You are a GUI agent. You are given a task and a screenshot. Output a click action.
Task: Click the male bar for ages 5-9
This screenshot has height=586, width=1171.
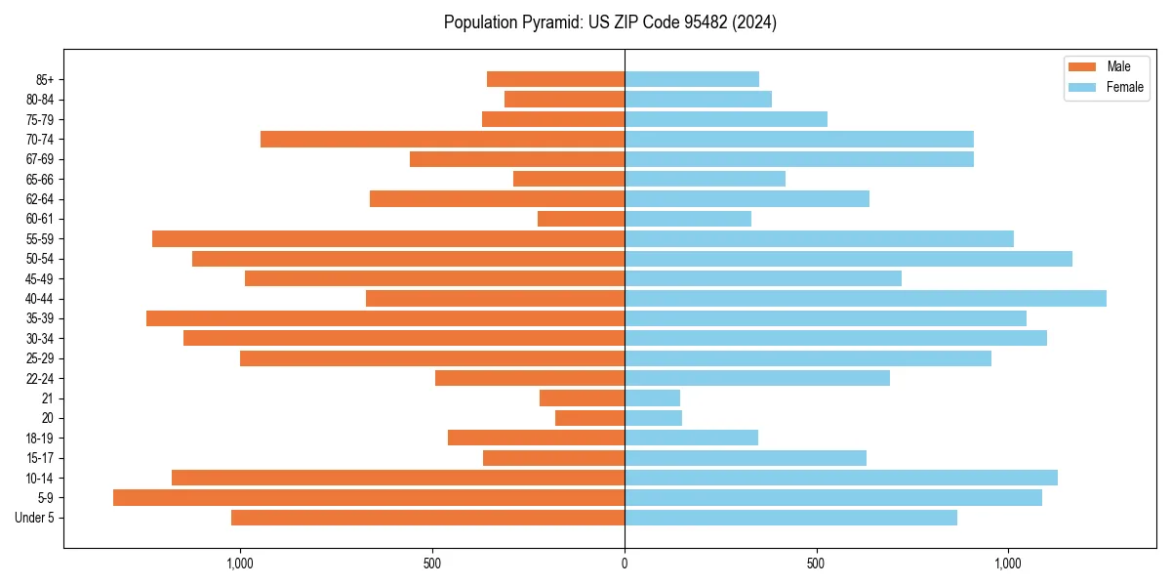(x=369, y=498)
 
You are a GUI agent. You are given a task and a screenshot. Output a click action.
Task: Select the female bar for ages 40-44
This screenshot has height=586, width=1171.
(x=866, y=299)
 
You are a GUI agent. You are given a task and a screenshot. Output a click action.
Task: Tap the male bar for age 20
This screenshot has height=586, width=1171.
(x=589, y=418)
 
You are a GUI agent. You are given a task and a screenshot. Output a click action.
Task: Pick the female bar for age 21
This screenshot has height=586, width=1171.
(x=652, y=398)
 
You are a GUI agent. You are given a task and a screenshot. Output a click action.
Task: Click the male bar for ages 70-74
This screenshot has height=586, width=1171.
(x=442, y=140)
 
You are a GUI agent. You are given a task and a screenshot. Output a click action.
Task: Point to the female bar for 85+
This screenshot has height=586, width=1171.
(x=692, y=80)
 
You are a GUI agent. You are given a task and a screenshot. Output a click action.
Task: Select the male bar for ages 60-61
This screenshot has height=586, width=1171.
(x=581, y=219)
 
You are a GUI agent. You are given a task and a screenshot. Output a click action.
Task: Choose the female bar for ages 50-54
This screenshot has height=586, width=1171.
(x=848, y=259)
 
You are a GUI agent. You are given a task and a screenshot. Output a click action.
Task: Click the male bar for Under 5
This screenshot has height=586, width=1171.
(x=427, y=518)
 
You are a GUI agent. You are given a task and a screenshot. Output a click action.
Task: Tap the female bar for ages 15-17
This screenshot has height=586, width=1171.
(x=746, y=458)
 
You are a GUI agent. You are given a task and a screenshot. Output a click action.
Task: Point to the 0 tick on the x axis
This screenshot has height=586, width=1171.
(x=625, y=564)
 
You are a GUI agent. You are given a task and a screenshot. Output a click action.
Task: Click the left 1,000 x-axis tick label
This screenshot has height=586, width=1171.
(x=240, y=564)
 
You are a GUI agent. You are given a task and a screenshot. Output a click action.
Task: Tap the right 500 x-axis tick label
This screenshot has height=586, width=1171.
(x=816, y=564)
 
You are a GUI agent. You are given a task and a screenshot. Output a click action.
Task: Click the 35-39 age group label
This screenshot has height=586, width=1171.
(x=40, y=318)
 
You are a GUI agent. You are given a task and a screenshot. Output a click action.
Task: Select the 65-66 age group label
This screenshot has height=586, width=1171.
(x=40, y=180)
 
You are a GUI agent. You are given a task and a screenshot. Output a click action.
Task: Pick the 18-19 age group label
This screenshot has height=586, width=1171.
(x=40, y=439)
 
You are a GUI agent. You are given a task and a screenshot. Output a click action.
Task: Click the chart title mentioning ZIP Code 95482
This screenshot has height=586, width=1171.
(x=610, y=22)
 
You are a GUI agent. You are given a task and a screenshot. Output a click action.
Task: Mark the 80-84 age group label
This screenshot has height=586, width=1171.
(x=40, y=100)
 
